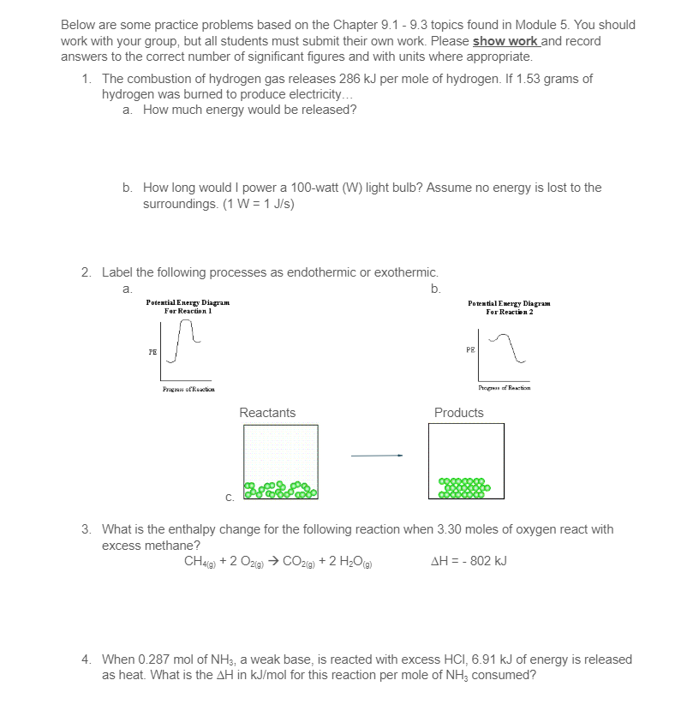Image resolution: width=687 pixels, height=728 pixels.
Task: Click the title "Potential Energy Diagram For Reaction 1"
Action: click(188, 307)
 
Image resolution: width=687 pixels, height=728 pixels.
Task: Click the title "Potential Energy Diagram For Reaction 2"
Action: click(509, 307)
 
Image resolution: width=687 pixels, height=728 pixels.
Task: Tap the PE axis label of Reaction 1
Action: click(152, 352)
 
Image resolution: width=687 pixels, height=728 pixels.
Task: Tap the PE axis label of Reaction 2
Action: click(470, 349)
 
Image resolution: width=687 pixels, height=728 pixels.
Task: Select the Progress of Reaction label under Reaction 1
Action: click(188, 389)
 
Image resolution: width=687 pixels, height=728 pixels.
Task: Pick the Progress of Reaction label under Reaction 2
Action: click(505, 388)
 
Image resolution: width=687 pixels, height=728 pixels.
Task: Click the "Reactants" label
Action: click(267, 413)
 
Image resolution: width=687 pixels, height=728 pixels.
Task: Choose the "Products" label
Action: click(459, 413)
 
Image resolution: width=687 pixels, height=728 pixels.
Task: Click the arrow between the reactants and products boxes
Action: click(377, 456)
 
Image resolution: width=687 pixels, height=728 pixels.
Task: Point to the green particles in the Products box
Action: click(464, 488)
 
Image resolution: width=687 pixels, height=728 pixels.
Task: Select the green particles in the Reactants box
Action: click(281, 490)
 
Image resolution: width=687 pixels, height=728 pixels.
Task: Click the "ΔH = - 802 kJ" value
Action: click(469, 561)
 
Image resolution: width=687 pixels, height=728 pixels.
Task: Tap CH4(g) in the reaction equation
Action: click(200, 562)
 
